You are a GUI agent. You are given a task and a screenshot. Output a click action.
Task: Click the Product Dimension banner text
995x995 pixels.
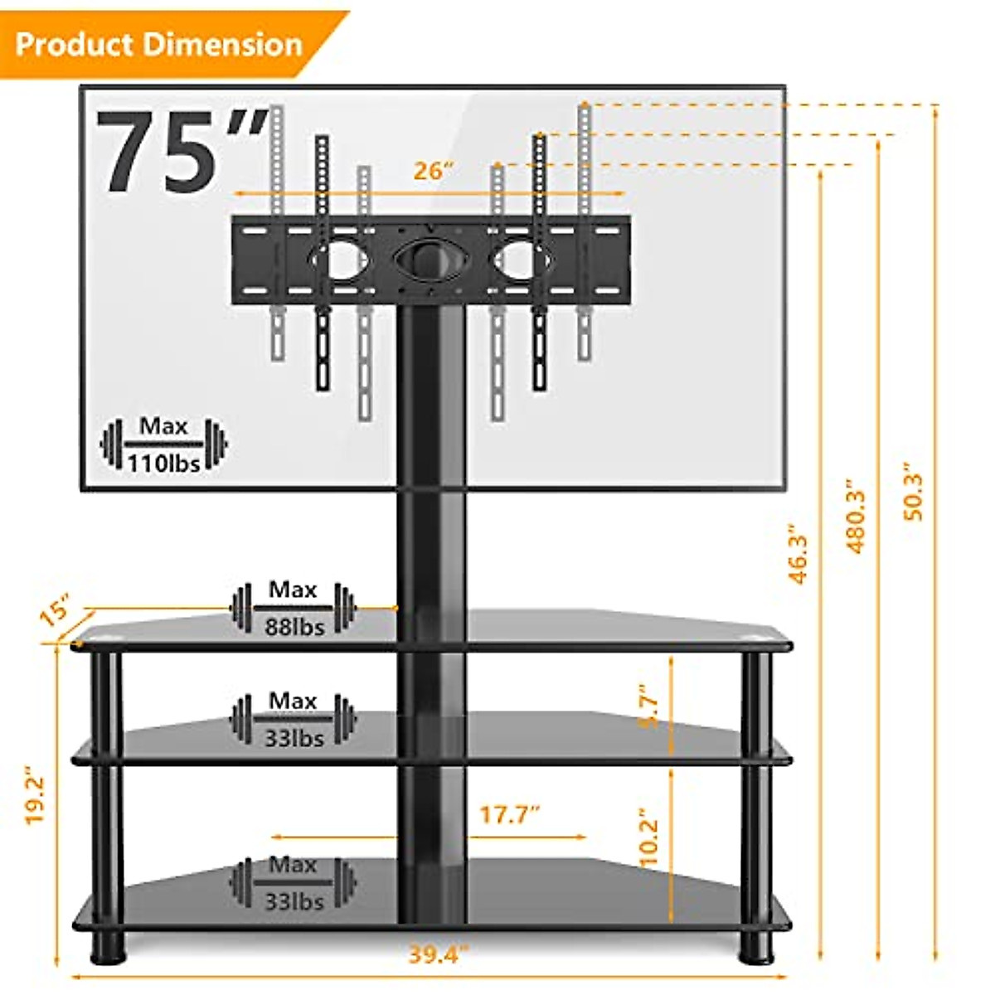pyautogui.click(x=158, y=43)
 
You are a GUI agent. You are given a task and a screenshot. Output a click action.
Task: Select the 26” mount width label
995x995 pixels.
pyautogui.click(x=434, y=172)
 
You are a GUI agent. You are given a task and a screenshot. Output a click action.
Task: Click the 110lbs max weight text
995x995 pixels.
pyautogui.click(x=164, y=462)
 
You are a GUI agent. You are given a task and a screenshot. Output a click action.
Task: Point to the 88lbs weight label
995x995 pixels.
pyautogui.click(x=294, y=626)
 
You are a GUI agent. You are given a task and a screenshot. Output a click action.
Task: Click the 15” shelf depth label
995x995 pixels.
pyautogui.click(x=55, y=611)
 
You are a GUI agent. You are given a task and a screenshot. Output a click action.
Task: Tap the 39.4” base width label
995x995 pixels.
pyautogui.click(x=439, y=954)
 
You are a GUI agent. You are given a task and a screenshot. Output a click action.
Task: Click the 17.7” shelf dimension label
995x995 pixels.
pyautogui.click(x=509, y=814)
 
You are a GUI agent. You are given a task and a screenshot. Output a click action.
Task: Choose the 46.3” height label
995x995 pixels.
pyautogui.click(x=797, y=553)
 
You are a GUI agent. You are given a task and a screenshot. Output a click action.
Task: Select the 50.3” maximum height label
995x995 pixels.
pyautogui.click(x=912, y=491)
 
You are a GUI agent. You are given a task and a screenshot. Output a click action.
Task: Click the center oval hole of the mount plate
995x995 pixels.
pyautogui.click(x=429, y=260)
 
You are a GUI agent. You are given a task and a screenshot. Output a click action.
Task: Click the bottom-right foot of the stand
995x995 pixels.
pyautogui.click(x=755, y=946)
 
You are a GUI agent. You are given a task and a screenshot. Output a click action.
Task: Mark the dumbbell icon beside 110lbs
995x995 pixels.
pyautogui.click(x=164, y=444)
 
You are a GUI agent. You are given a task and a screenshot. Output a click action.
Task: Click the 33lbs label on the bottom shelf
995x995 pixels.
pyautogui.click(x=294, y=900)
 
